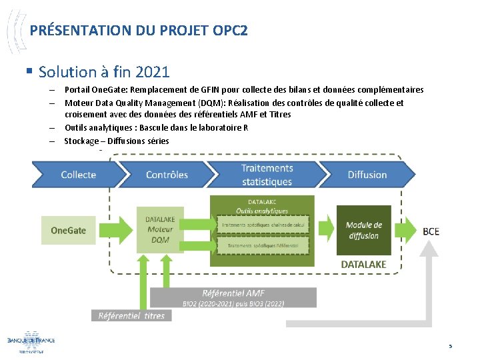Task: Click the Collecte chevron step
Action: (78, 175)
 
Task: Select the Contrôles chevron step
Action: (167, 175)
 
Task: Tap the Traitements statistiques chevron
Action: (267, 175)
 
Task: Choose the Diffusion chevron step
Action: (367, 175)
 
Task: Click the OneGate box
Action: (69, 230)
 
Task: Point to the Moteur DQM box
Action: (160, 229)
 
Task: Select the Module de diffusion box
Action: (363, 230)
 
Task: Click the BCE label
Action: (431, 231)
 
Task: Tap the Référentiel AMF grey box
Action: (233, 297)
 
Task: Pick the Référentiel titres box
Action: (131, 315)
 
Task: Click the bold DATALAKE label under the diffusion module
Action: (363, 264)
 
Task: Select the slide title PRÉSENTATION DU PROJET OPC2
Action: (139, 31)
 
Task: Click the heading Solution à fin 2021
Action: (105, 71)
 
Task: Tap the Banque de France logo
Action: (31, 341)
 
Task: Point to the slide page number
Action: (450, 345)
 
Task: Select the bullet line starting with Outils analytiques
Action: (156, 127)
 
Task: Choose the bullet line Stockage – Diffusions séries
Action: (117, 141)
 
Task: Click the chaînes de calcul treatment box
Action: (263, 225)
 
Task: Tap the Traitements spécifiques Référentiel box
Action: (263, 245)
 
